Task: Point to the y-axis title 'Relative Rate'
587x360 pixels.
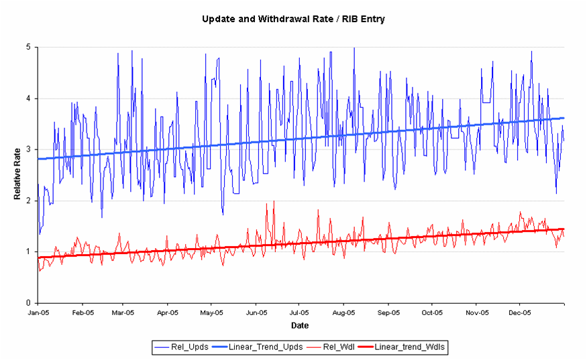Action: tap(18, 174)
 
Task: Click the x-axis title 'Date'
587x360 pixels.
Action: tap(300, 325)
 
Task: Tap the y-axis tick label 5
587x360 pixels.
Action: tap(28, 48)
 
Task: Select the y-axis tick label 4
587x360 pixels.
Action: tap(28, 99)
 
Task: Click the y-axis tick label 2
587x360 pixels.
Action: tap(28, 200)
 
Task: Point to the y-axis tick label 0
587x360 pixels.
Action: tap(28, 303)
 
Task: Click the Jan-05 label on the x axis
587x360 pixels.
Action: tap(38, 312)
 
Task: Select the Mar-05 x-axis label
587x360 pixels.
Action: tap(123, 312)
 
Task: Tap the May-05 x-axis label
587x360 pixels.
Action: tap(211, 312)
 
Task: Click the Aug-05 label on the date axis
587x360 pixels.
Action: tap(343, 312)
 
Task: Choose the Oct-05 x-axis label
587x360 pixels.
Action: tap(432, 312)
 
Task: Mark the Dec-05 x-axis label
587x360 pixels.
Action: tap(520, 312)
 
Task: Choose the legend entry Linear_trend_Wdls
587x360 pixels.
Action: tap(411, 347)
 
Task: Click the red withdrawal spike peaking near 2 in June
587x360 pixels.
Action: tap(273, 202)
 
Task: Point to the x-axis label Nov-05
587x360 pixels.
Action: tap(476, 312)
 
